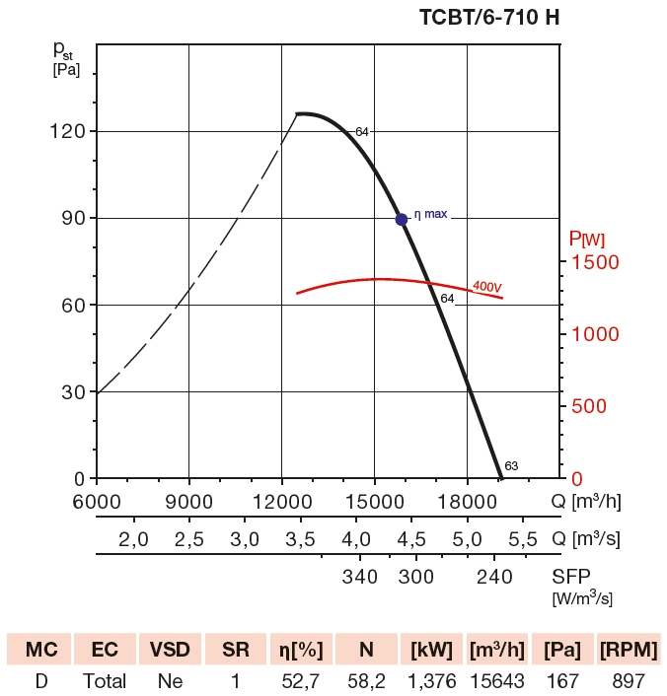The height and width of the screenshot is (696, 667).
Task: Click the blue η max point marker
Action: click(402, 219)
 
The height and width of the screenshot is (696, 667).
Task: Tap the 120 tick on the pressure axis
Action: click(67, 131)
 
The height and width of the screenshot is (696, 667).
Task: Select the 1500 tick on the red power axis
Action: click(595, 262)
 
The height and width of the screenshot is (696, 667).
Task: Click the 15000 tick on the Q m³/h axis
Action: click(374, 501)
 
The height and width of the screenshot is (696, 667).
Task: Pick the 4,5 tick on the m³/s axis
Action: click(411, 539)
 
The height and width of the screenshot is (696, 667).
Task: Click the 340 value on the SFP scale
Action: click(360, 577)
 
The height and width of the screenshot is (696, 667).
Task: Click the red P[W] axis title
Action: click(587, 239)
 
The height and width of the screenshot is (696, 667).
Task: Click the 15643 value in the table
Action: click(497, 681)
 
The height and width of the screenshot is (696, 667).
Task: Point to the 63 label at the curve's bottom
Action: click(511, 466)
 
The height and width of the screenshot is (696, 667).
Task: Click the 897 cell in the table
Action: click(628, 681)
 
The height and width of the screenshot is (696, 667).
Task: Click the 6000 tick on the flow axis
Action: click(96, 501)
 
